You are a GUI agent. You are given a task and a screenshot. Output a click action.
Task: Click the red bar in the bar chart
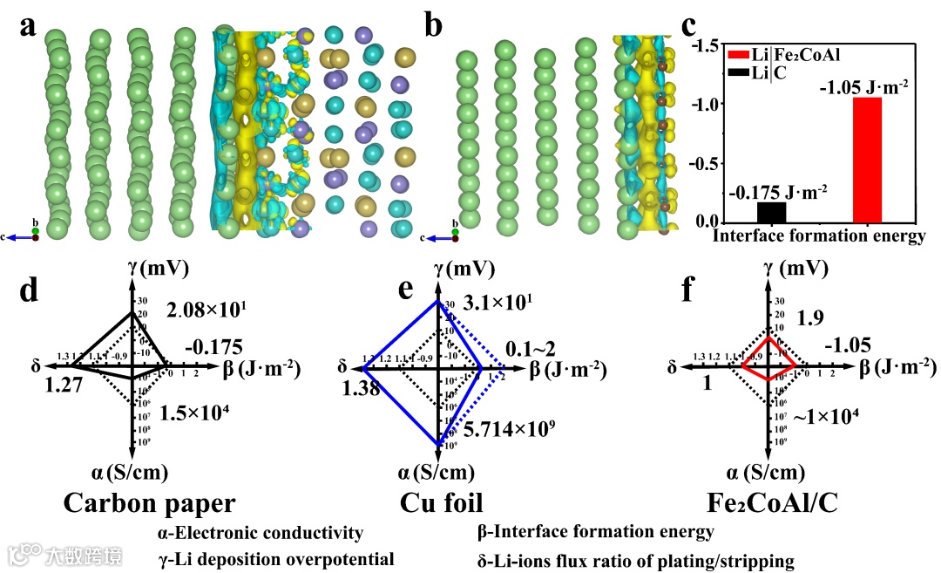867,160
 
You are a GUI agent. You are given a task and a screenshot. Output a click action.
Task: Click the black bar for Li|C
771,212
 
